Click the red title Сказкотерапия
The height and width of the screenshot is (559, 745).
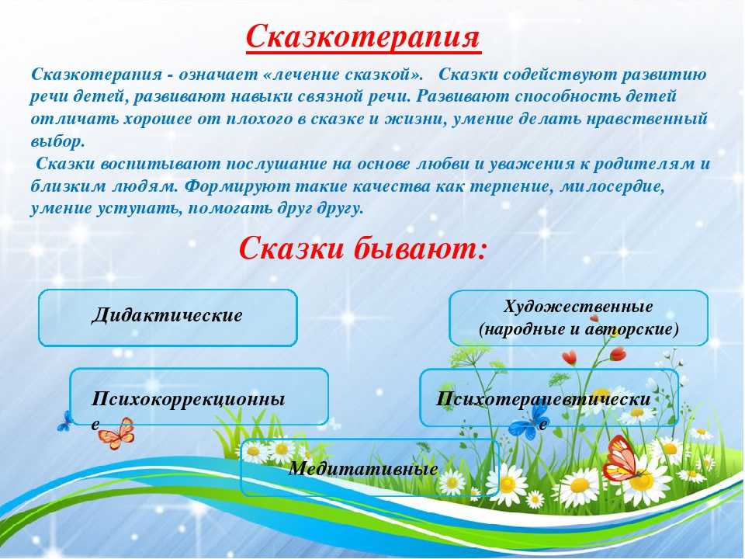click(x=363, y=36)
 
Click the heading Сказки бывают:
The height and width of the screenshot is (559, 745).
click(x=363, y=248)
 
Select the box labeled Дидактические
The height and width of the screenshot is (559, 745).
click(x=168, y=318)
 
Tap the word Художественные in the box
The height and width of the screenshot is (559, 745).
click(x=577, y=307)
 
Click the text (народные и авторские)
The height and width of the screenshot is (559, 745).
click(x=579, y=329)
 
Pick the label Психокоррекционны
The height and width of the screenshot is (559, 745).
click(x=188, y=398)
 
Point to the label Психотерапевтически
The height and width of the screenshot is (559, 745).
click(x=543, y=398)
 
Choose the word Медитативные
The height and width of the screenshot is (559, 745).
click(x=363, y=469)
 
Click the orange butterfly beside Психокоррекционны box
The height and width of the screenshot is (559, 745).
click(x=117, y=433)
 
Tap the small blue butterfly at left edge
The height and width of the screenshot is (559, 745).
click(x=65, y=422)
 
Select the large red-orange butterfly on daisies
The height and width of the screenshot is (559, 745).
click(x=623, y=458)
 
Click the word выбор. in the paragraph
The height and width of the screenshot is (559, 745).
click(x=57, y=141)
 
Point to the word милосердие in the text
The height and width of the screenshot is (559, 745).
click(x=612, y=186)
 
